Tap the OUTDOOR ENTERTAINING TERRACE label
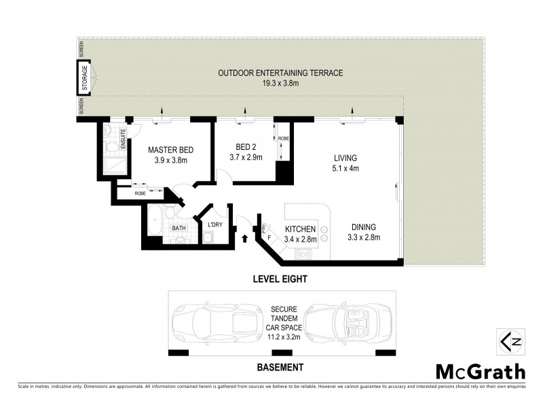click(x=280, y=73)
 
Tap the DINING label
click(x=364, y=227)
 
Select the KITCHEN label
click(x=301, y=229)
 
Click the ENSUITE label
click(x=124, y=138)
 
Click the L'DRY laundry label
click(x=215, y=225)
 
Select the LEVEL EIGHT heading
click(x=280, y=279)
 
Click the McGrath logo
click(x=480, y=372)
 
